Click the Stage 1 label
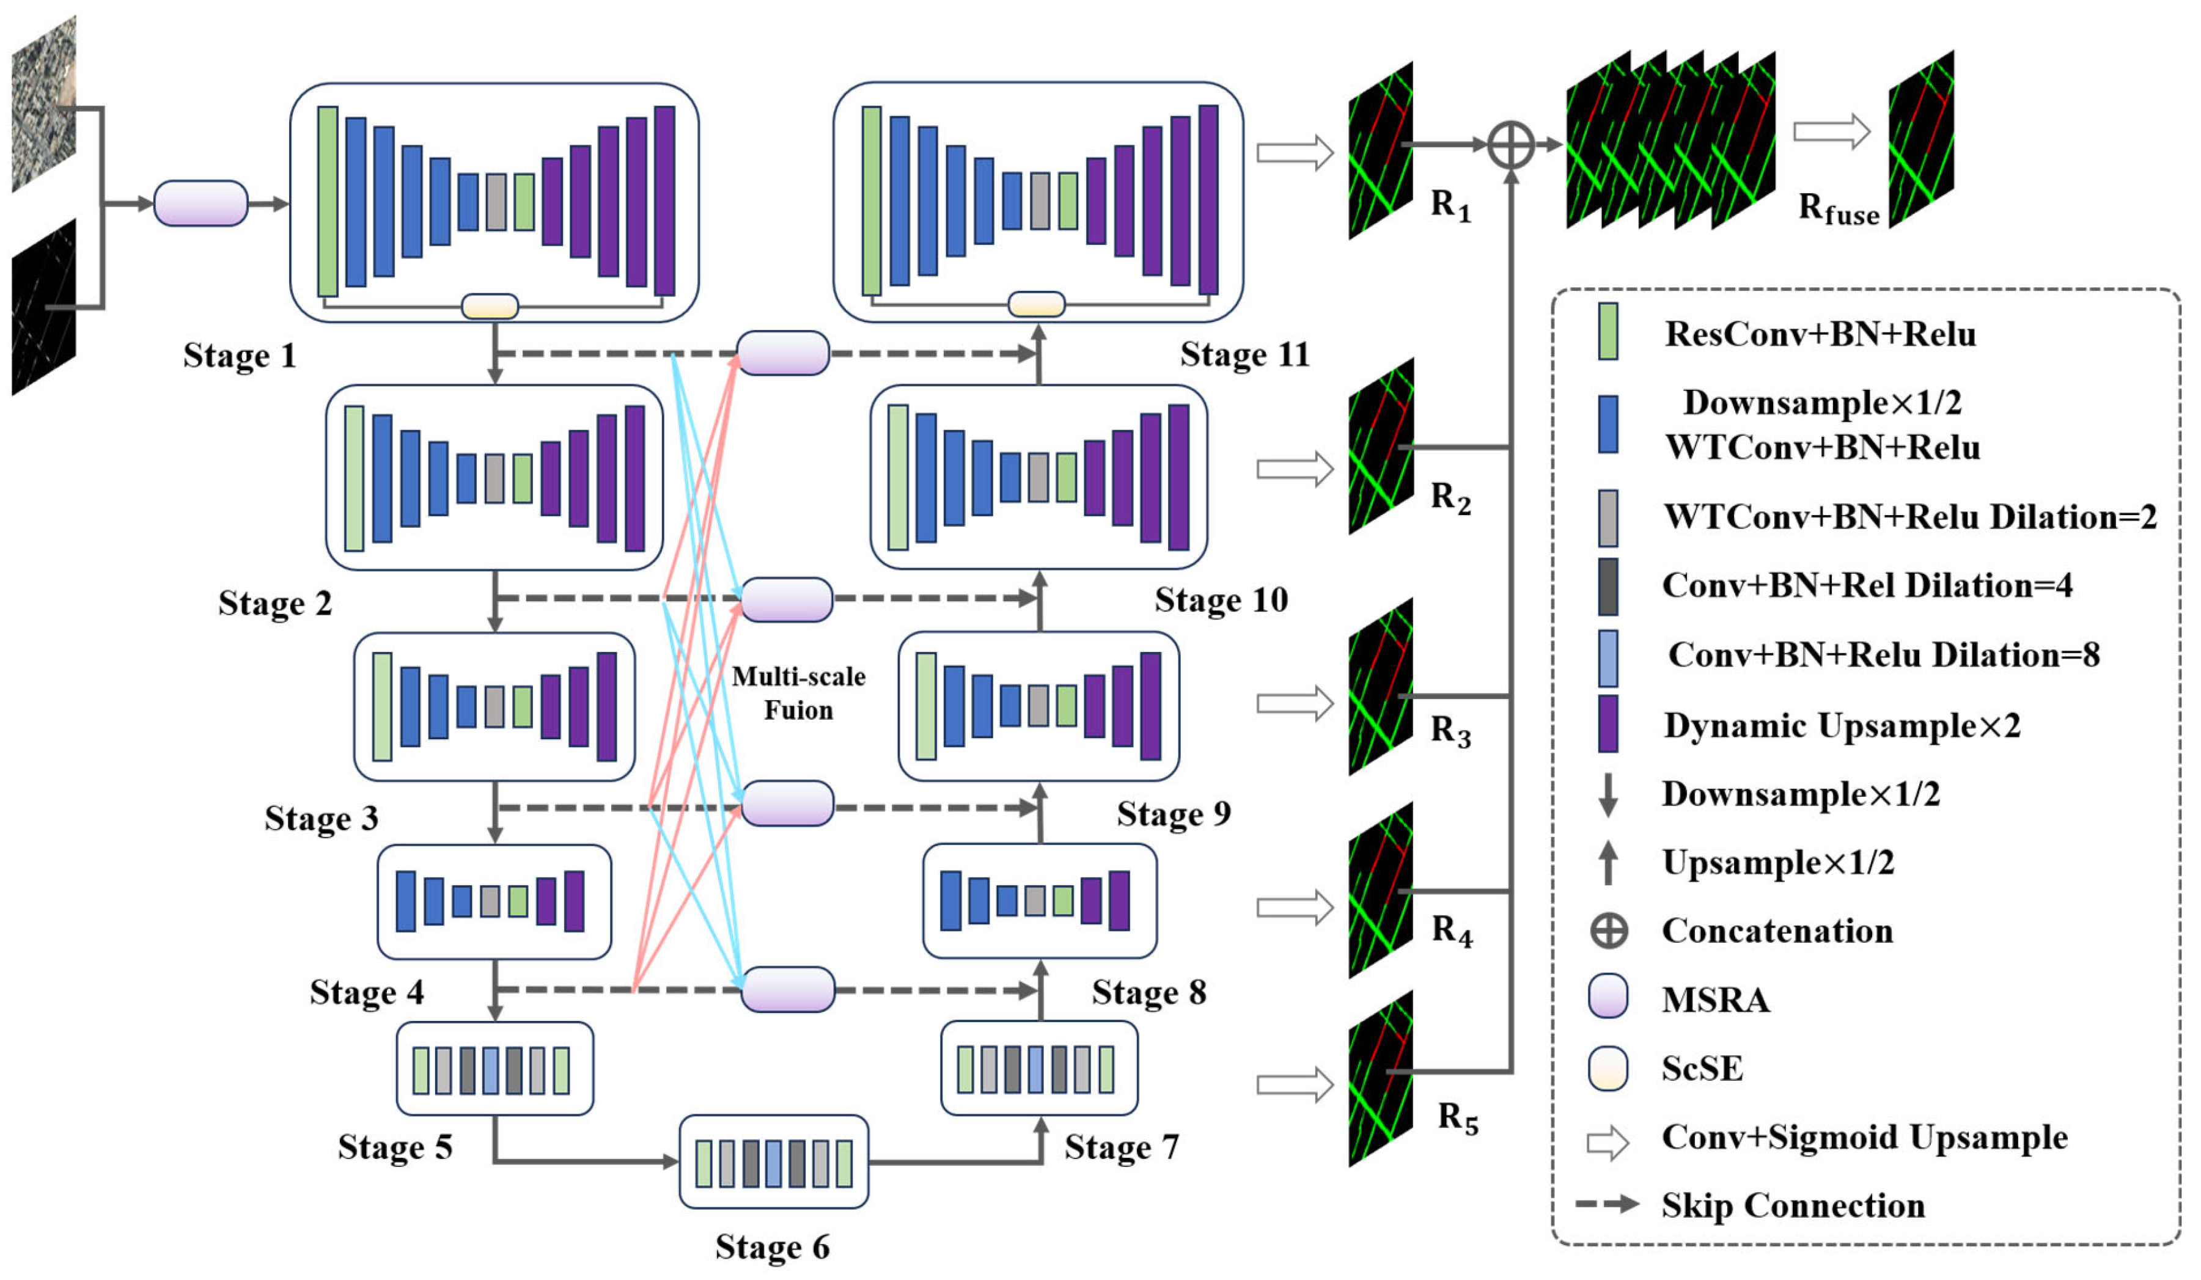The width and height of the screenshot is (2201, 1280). point(240,356)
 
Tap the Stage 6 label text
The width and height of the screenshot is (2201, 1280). point(772,1247)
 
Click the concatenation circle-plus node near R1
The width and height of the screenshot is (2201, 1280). point(1510,145)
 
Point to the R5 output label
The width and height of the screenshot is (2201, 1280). point(1458,1117)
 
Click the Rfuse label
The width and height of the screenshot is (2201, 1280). point(1839,210)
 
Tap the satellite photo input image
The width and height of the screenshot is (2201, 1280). point(43,103)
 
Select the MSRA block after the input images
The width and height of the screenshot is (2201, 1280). point(201,203)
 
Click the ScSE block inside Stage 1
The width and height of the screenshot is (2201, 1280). point(490,307)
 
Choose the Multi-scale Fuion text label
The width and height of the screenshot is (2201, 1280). point(798,693)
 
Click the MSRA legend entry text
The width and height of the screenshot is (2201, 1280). point(1715,1000)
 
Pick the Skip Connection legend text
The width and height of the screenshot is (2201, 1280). point(1793,1206)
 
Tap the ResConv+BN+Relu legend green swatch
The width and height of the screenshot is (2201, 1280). point(1607,332)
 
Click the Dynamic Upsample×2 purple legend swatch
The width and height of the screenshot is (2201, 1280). point(1607,724)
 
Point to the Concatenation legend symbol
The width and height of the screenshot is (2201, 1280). point(1608,931)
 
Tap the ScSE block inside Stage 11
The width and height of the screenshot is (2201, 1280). point(1037,304)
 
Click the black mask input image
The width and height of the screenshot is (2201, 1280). point(43,307)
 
